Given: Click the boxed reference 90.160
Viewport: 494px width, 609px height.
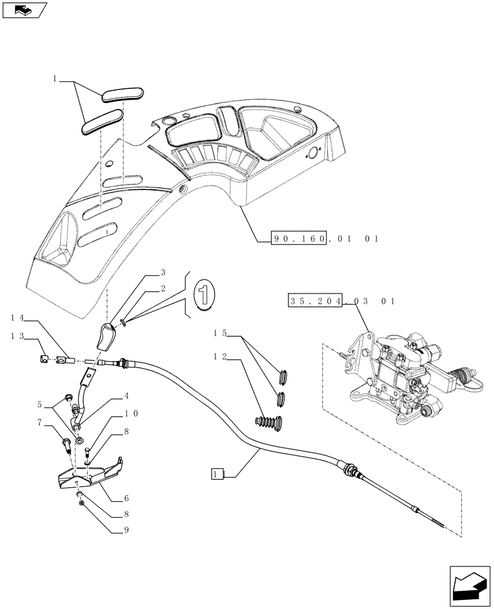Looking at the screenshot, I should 299,239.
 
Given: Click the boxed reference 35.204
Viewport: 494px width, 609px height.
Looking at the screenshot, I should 315,301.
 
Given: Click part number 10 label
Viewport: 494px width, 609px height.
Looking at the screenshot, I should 131,413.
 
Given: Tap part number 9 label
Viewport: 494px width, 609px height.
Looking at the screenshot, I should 128,530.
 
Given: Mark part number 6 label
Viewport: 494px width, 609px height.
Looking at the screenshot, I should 128,498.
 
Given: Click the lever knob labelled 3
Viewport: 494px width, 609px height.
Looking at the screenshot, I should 109,338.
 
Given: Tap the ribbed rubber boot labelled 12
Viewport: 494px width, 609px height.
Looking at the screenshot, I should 268,423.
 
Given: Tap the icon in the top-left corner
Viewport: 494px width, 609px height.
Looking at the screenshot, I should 24,10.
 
